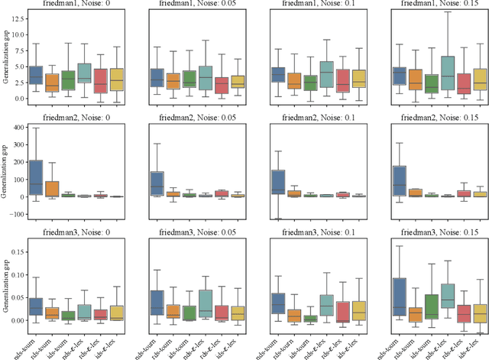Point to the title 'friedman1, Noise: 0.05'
(188, 5)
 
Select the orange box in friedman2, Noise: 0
(52, 188)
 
